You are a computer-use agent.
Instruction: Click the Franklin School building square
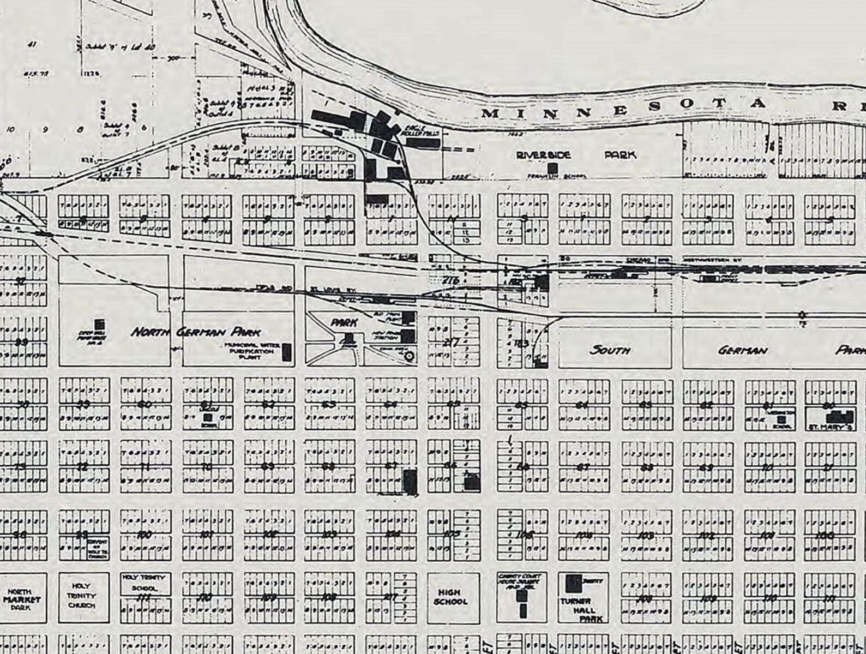(x=552, y=168)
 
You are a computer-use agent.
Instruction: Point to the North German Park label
(x=195, y=332)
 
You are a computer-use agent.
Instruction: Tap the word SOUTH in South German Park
(x=610, y=350)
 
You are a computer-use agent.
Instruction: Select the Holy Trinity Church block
(x=81, y=596)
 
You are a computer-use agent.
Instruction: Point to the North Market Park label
(x=22, y=599)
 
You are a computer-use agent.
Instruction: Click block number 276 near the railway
(x=451, y=280)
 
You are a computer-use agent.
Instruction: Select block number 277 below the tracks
(x=452, y=343)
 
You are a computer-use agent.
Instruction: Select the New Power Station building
(x=408, y=335)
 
